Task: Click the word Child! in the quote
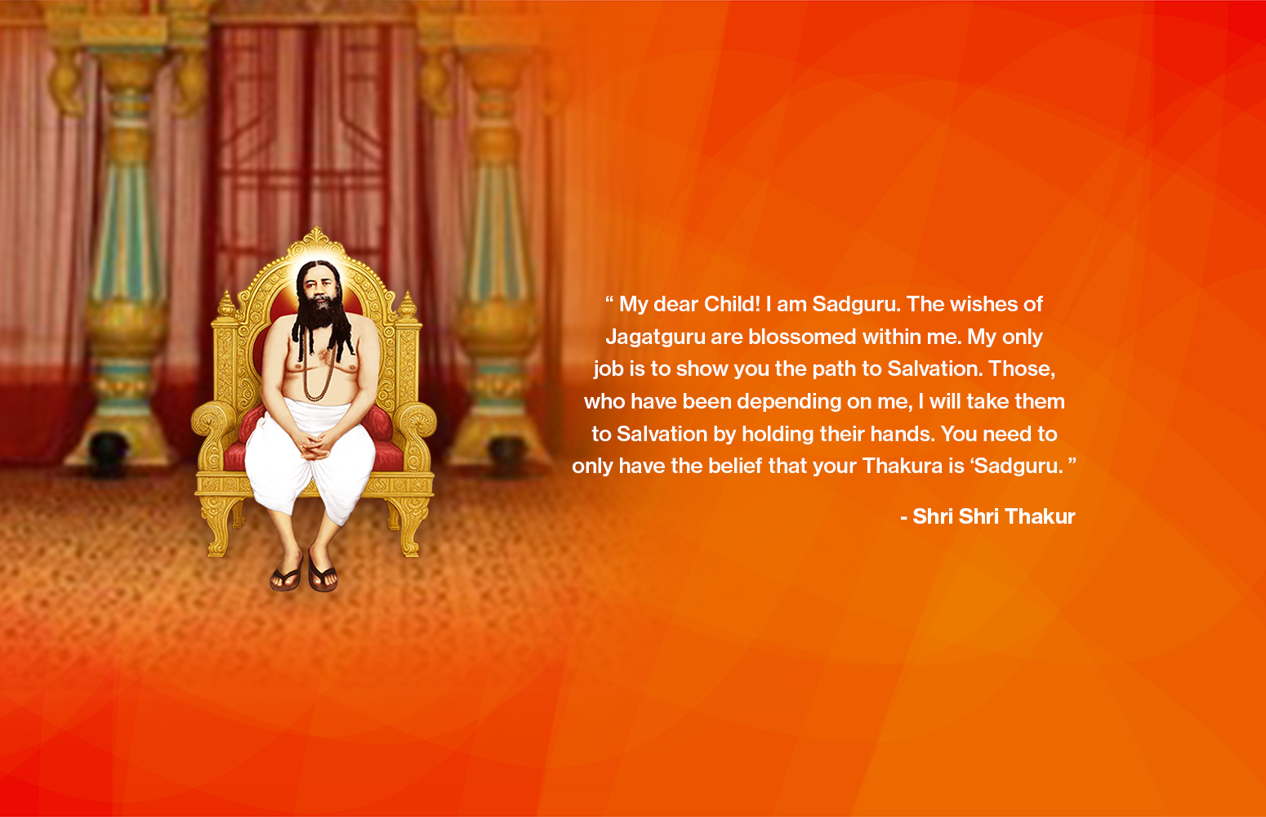pyautogui.click(x=732, y=305)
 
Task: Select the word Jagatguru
pyautogui.click(x=655, y=337)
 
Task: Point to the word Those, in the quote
pyautogui.click(x=1022, y=369)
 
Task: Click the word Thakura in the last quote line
pyautogui.click(x=902, y=467)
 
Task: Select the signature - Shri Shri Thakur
pyautogui.click(x=987, y=517)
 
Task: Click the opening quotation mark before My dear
pyautogui.click(x=609, y=301)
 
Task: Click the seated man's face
pyautogui.click(x=317, y=283)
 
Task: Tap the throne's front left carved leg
pyautogui.click(x=217, y=531)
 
